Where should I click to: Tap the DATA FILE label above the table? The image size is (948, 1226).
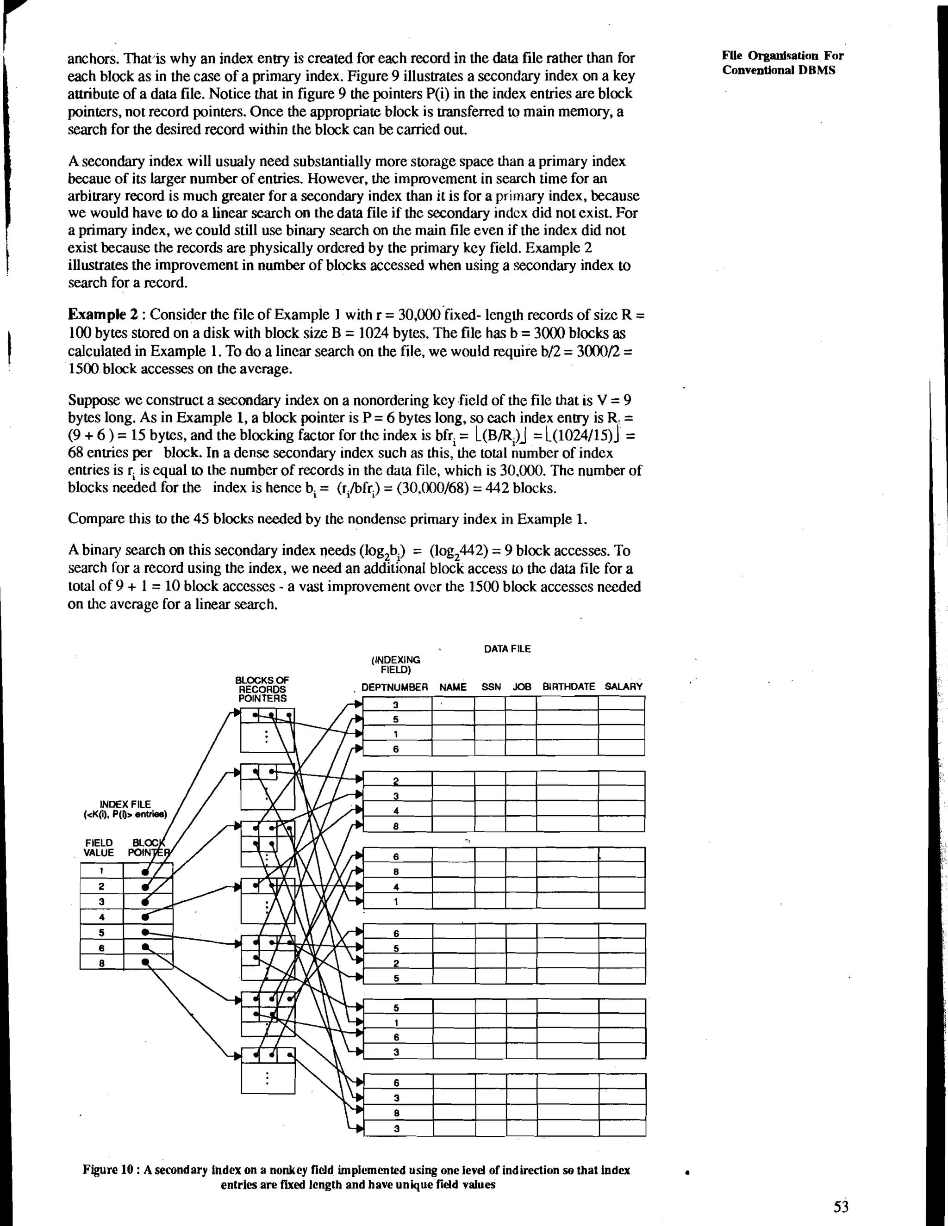(x=506, y=649)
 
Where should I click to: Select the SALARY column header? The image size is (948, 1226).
(x=623, y=687)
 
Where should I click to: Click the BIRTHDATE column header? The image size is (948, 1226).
(x=568, y=687)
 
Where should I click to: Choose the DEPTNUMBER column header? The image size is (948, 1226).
(x=394, y=687)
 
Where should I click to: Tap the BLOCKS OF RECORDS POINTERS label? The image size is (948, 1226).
(x=262, y=689)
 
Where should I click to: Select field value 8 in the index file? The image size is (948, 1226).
(x=102, y=963)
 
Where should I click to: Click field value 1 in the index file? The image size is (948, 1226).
(x=102, y=871)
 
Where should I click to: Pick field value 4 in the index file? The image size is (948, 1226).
(x=102, y=916)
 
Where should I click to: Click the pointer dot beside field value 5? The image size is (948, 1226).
(x=145, y=932)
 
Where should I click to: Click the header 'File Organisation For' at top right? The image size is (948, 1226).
(x=782, y=56)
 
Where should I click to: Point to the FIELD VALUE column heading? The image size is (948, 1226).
(x=99, y=848)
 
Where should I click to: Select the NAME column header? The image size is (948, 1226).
(x=453, y=687)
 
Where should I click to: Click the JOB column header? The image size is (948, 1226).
(x=522, y=687)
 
